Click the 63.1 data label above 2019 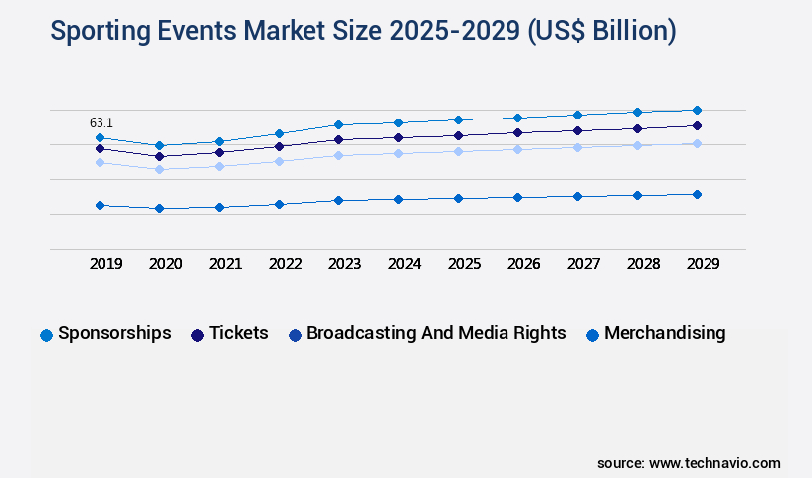pos(101,123)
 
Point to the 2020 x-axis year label pos(165,264)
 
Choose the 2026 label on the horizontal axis pos(523,264)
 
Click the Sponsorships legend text pos(114,333)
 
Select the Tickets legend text pos(238,333)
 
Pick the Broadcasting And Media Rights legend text pos(436,333)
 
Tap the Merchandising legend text pos(665,333)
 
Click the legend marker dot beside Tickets pos(197,335)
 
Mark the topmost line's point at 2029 pos(697,110)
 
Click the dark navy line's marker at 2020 pos(159,156)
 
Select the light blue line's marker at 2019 pos(100,162)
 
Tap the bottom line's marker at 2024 pos(398,199)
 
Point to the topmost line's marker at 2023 pos(338,124)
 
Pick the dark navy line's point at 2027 pos(577,130)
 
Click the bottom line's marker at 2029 pos(697,194)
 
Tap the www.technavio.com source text pos(714,463)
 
